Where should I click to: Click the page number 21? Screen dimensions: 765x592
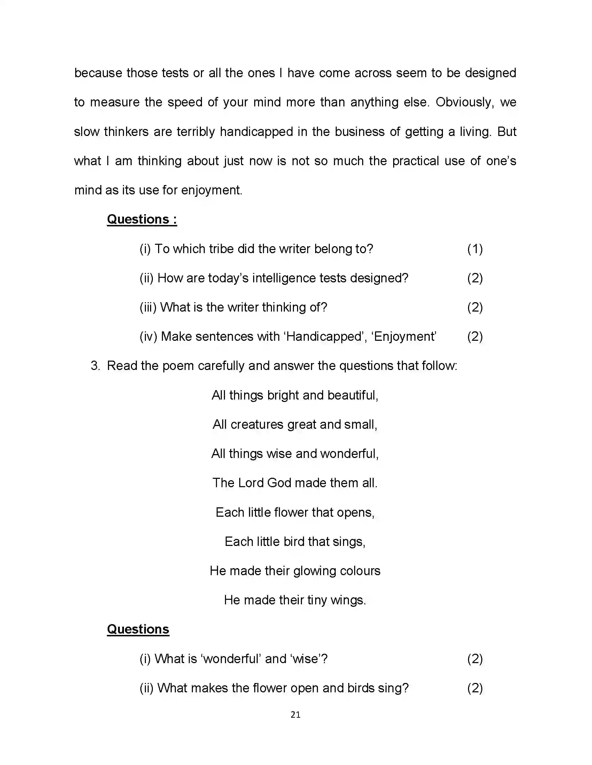click(295, 715)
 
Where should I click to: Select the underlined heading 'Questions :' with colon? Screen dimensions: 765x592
click(142, 219)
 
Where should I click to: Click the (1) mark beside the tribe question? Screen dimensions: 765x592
click(475, 249)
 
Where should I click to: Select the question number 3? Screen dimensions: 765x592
click(95, 366)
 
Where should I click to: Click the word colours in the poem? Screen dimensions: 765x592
click(360, 571)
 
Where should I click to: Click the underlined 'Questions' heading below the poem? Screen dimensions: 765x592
click(138, 629)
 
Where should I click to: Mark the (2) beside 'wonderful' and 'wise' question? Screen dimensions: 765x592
click(475, 659)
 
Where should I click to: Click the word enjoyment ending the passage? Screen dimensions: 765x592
click(211, 190)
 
